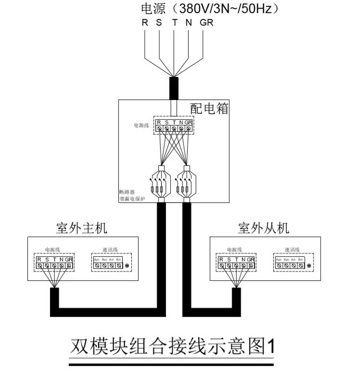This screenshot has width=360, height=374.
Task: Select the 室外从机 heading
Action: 264,228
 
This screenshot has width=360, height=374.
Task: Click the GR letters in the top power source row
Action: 206,23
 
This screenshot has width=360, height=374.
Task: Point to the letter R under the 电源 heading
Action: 144,23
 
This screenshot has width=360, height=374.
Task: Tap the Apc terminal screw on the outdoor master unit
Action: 97,265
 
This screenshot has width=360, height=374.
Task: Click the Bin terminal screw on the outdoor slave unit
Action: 300,265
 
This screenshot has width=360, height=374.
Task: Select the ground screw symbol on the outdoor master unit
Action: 127,265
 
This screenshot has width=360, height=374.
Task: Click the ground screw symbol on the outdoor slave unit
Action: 309,265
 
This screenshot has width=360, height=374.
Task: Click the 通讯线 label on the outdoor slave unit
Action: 292,249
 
